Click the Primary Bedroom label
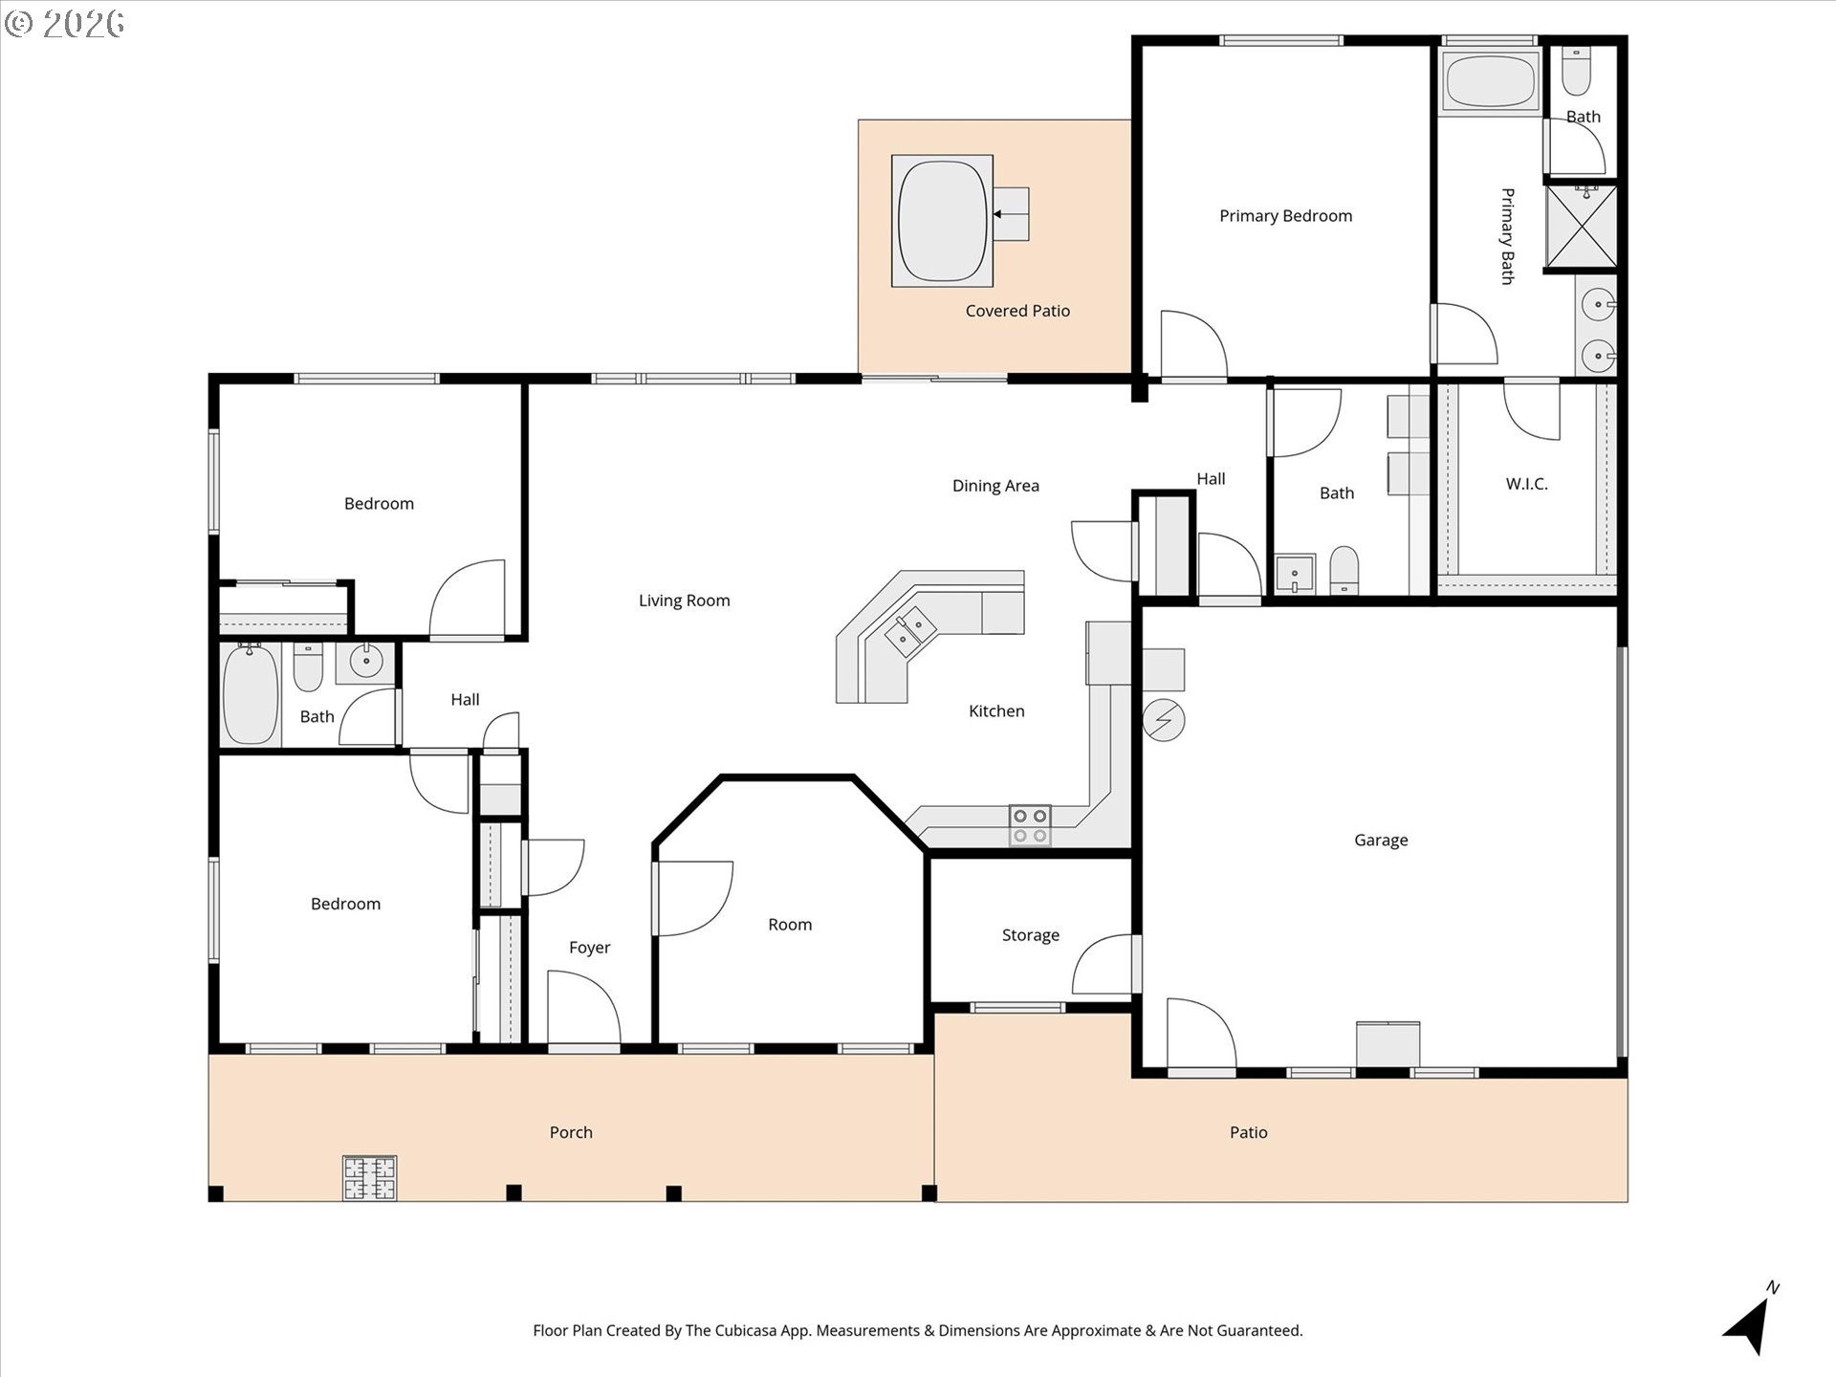[1285, 216]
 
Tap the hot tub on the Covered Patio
[942, 221]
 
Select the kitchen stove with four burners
[1030, 825]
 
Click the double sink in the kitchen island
[909, 630]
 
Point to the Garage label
[1380, 841]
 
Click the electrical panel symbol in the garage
[1164, 720]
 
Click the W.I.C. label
[1526, 484]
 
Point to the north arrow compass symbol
[1751, 1322]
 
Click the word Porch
[571, 1132]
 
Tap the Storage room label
[1030, 935]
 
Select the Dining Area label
[995, 486]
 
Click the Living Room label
[684, 601]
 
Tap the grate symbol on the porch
[369, 1178]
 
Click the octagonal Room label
[790, 925]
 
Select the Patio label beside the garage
[1248, 1132]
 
